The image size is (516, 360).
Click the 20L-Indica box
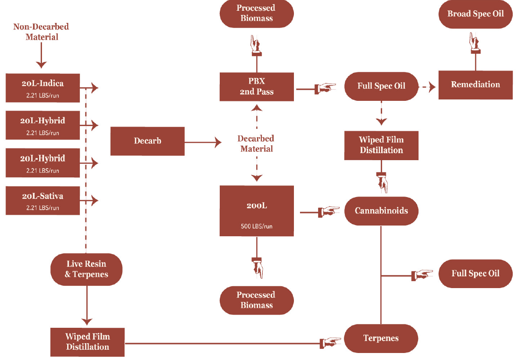click(42, 88)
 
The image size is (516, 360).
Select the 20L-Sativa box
click(42, 200)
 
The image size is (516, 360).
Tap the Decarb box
click(147, 141)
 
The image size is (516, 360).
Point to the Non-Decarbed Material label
click(42, 32)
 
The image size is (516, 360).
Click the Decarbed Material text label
click(256, 144)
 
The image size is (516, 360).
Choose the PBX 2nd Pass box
click(257, 86)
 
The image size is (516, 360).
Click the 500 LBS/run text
click(257, 226)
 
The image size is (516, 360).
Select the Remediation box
click(475, 85)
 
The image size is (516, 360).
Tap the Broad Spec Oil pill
click(475, 14)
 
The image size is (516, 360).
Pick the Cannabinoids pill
click(381, 211)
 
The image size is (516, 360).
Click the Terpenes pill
click(381, 339)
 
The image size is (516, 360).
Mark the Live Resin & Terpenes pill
click(87, 269)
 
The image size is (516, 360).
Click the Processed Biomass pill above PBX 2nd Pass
click(257, 14)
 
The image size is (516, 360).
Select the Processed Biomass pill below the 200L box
click(257, 300)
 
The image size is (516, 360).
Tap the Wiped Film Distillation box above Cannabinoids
click(381, 145)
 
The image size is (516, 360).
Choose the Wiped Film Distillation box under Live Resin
click(87, 342)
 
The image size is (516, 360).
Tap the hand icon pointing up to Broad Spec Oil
click(475, 43)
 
